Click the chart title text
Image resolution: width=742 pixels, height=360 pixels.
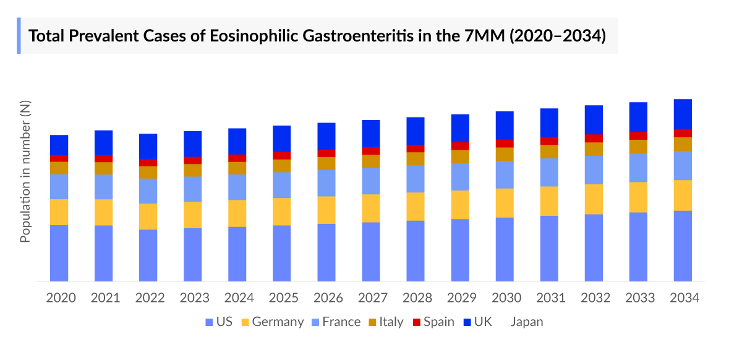point(317,36)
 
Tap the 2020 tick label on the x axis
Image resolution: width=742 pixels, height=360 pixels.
point(61,298)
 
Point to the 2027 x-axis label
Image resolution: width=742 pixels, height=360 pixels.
point(372,298)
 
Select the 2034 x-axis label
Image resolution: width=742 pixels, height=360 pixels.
point(684,298)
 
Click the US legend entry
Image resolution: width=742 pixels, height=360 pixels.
point(219,322)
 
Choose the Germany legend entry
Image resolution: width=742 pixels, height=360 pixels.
point(272,322)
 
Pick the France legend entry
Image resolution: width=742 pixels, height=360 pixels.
point(335,322)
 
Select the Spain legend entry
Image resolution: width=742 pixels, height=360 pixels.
point(433,322)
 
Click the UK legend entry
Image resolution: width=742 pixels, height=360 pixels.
point(477,322)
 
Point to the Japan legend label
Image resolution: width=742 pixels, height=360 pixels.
point(526,322)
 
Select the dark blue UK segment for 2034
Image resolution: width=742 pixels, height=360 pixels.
point(683,114)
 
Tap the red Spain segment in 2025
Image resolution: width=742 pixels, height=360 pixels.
point(282,155)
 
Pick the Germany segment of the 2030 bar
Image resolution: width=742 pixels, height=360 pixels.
point(505,203)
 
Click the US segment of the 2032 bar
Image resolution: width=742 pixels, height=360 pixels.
point(594,247)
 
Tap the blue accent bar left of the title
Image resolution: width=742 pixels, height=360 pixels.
point(19,36)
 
